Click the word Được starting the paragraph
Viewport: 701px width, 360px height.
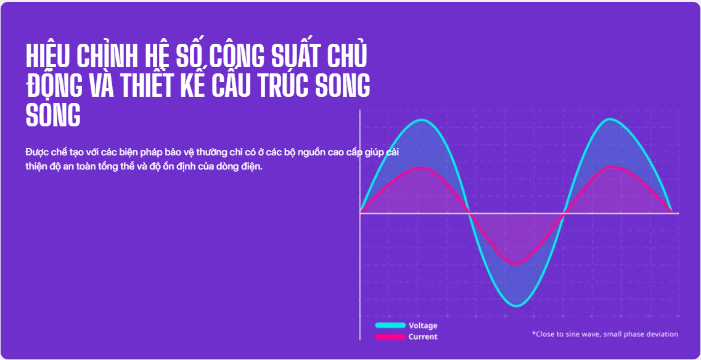(35, 152)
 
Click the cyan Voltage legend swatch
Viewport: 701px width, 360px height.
(390, 325)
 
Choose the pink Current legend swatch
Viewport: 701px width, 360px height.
(390, 337)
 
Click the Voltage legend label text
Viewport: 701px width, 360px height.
(423, 325)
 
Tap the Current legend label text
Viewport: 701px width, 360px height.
(423, 337)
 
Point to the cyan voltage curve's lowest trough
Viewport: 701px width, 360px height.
(517, 306)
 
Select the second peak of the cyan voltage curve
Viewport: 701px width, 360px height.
(610, 120)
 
